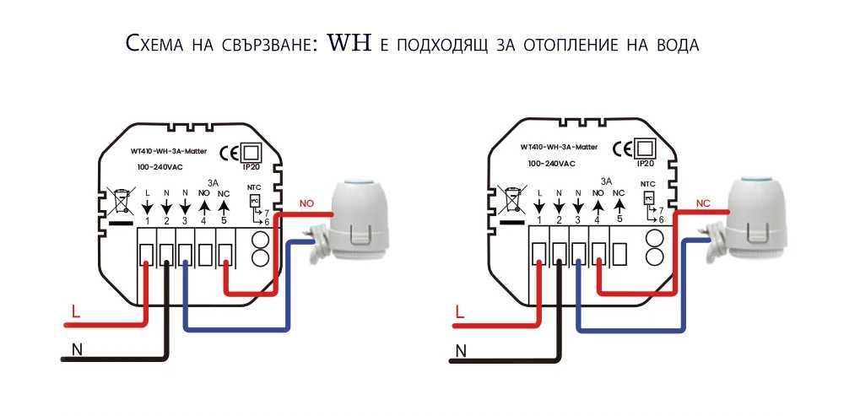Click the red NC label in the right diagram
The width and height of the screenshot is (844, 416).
[x=702, y=203]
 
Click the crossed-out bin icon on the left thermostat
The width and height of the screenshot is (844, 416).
[x=118, y=203]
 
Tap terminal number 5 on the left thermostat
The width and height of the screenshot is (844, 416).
[x=224, y=220]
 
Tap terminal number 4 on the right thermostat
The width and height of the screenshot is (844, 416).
[x=597, y=220]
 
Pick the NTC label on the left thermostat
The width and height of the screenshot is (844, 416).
[x=254, y=185]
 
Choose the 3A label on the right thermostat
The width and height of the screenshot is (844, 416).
[x=606, y=181]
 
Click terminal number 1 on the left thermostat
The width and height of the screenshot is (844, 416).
[x=147, y=220]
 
